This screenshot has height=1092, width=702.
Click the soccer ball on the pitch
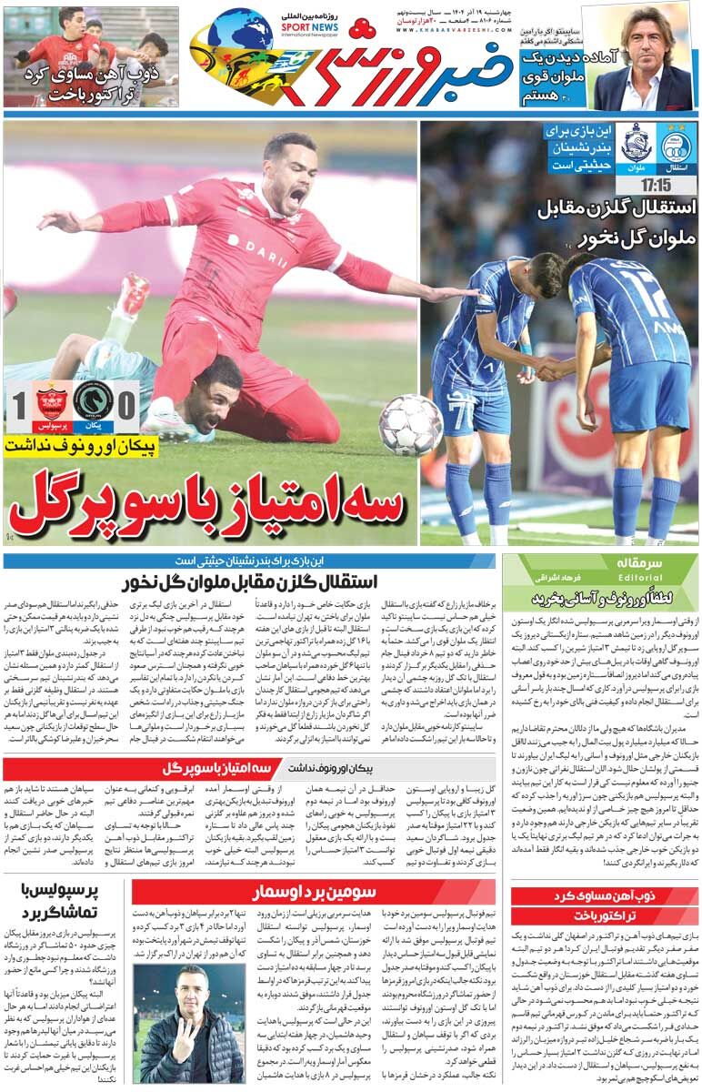pos(411,424)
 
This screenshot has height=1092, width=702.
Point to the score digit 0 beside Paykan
pos(128,404)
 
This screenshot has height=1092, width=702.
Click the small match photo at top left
pos(90,56)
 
